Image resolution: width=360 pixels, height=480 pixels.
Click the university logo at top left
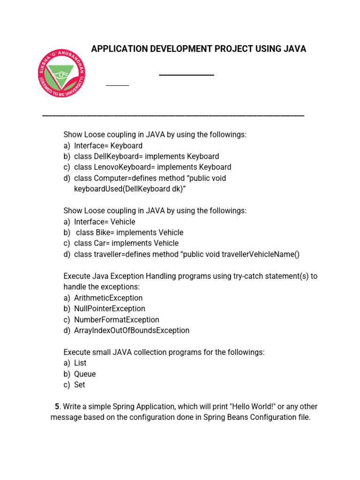point(62,75)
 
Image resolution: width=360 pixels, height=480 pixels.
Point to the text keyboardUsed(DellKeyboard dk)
point(127,189)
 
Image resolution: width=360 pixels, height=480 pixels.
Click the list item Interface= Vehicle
point(105,222)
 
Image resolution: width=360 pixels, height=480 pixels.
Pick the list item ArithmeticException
point(108,298)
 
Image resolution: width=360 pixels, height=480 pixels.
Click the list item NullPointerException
point(110,309)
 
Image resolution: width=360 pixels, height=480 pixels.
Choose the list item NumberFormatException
point(117,320)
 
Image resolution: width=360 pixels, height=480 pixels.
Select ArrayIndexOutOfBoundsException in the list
point(132,330)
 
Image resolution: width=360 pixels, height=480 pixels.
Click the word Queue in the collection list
point(85,374)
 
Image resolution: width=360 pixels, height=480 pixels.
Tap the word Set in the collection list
point(80,385)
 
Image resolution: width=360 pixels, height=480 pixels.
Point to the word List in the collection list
point(80,363)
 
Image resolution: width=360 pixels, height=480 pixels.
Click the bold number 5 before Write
point(57,407)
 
